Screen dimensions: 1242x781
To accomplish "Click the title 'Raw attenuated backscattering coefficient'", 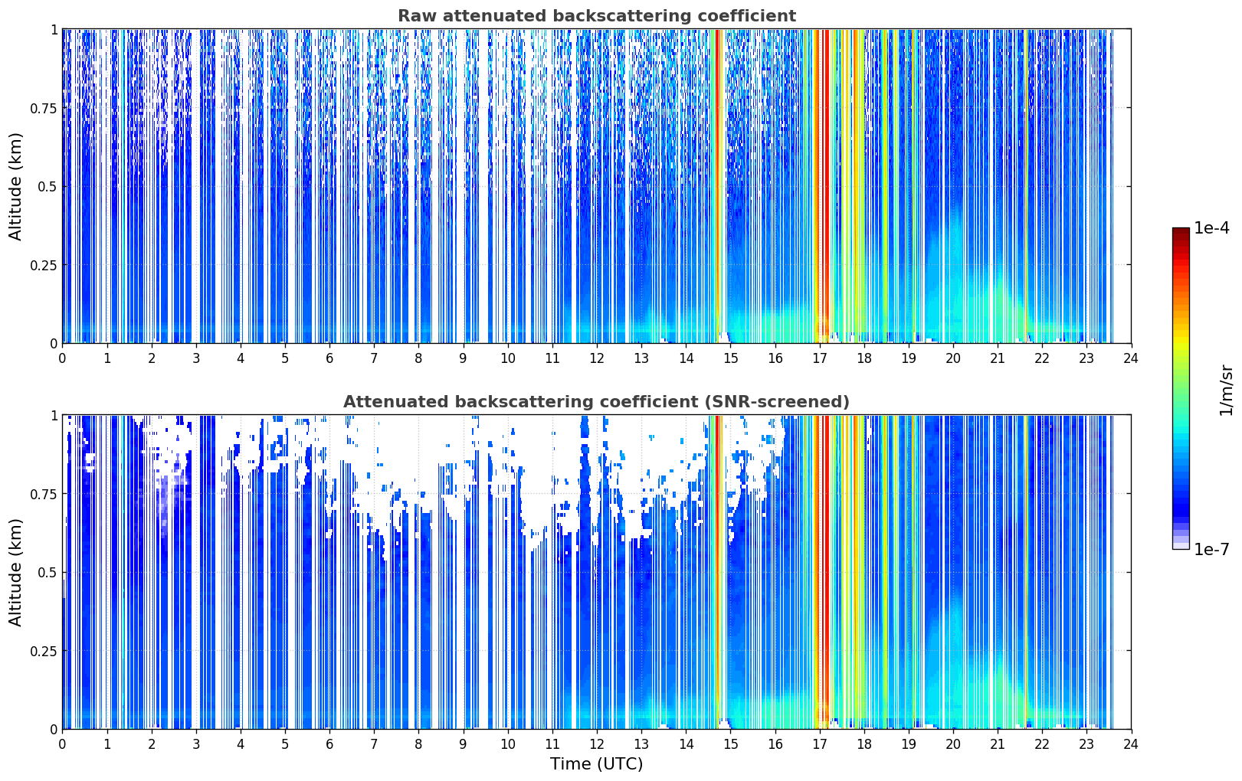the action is point(597,15).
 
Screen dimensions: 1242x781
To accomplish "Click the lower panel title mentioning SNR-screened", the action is point(597,401).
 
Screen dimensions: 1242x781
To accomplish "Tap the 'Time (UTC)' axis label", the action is point(597,764).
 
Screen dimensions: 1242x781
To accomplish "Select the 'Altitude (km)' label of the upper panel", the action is point(15,186).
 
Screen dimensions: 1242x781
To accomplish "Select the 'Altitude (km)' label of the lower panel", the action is point(15,572).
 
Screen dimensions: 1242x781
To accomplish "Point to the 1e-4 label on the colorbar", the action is point(1211,227).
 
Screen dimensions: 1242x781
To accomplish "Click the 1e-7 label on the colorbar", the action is point(1211,550).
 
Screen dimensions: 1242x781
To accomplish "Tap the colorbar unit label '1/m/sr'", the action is point(1226,390).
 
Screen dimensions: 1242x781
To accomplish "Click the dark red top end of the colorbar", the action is point(1181,231).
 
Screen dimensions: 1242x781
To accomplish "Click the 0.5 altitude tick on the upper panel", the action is point(48,187).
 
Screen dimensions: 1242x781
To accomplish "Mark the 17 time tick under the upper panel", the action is point(820,358).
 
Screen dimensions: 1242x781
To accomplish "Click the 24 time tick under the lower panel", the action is point(1131,744).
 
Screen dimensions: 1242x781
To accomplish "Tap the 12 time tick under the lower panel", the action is point(597,744).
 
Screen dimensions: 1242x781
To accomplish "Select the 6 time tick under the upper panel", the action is point(329,358).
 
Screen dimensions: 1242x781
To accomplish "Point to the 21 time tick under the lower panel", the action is point(998,744).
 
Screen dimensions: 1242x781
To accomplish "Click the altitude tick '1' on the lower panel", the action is point(54,416).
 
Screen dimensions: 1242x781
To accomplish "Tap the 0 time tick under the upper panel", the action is point(62,358).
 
